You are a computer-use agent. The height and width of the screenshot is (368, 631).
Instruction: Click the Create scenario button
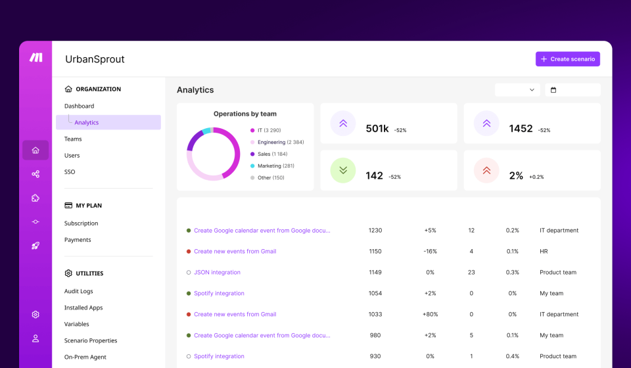567,59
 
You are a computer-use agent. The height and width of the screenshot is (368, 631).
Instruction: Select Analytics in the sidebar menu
86,122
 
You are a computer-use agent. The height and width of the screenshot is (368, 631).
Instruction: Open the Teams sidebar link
73,139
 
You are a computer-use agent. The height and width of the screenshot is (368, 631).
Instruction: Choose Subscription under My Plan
81,223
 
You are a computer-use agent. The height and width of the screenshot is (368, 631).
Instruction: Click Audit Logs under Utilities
78,291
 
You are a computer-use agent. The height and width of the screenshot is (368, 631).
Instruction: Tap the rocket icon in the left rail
35,246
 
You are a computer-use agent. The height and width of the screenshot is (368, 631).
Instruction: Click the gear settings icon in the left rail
35,315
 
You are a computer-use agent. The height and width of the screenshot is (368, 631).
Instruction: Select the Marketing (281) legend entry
275,166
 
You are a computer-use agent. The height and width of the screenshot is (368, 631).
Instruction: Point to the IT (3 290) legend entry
269,130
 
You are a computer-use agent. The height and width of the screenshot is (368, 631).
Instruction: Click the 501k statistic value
377,129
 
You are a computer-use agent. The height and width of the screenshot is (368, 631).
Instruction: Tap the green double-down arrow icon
342,171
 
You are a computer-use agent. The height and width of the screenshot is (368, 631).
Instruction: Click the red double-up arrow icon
486,171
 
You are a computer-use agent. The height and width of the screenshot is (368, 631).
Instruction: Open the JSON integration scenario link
217,272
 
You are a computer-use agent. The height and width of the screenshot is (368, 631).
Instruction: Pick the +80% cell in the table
430,314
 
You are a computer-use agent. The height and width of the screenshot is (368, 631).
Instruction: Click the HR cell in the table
544,251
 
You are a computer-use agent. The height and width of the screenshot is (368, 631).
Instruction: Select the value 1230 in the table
375,231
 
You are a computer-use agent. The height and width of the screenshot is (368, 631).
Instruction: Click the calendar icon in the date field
553,90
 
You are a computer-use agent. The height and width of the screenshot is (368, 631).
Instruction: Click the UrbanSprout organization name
95,59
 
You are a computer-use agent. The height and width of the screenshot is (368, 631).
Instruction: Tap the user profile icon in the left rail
35,338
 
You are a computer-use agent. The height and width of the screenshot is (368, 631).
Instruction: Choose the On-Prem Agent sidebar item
85,357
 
